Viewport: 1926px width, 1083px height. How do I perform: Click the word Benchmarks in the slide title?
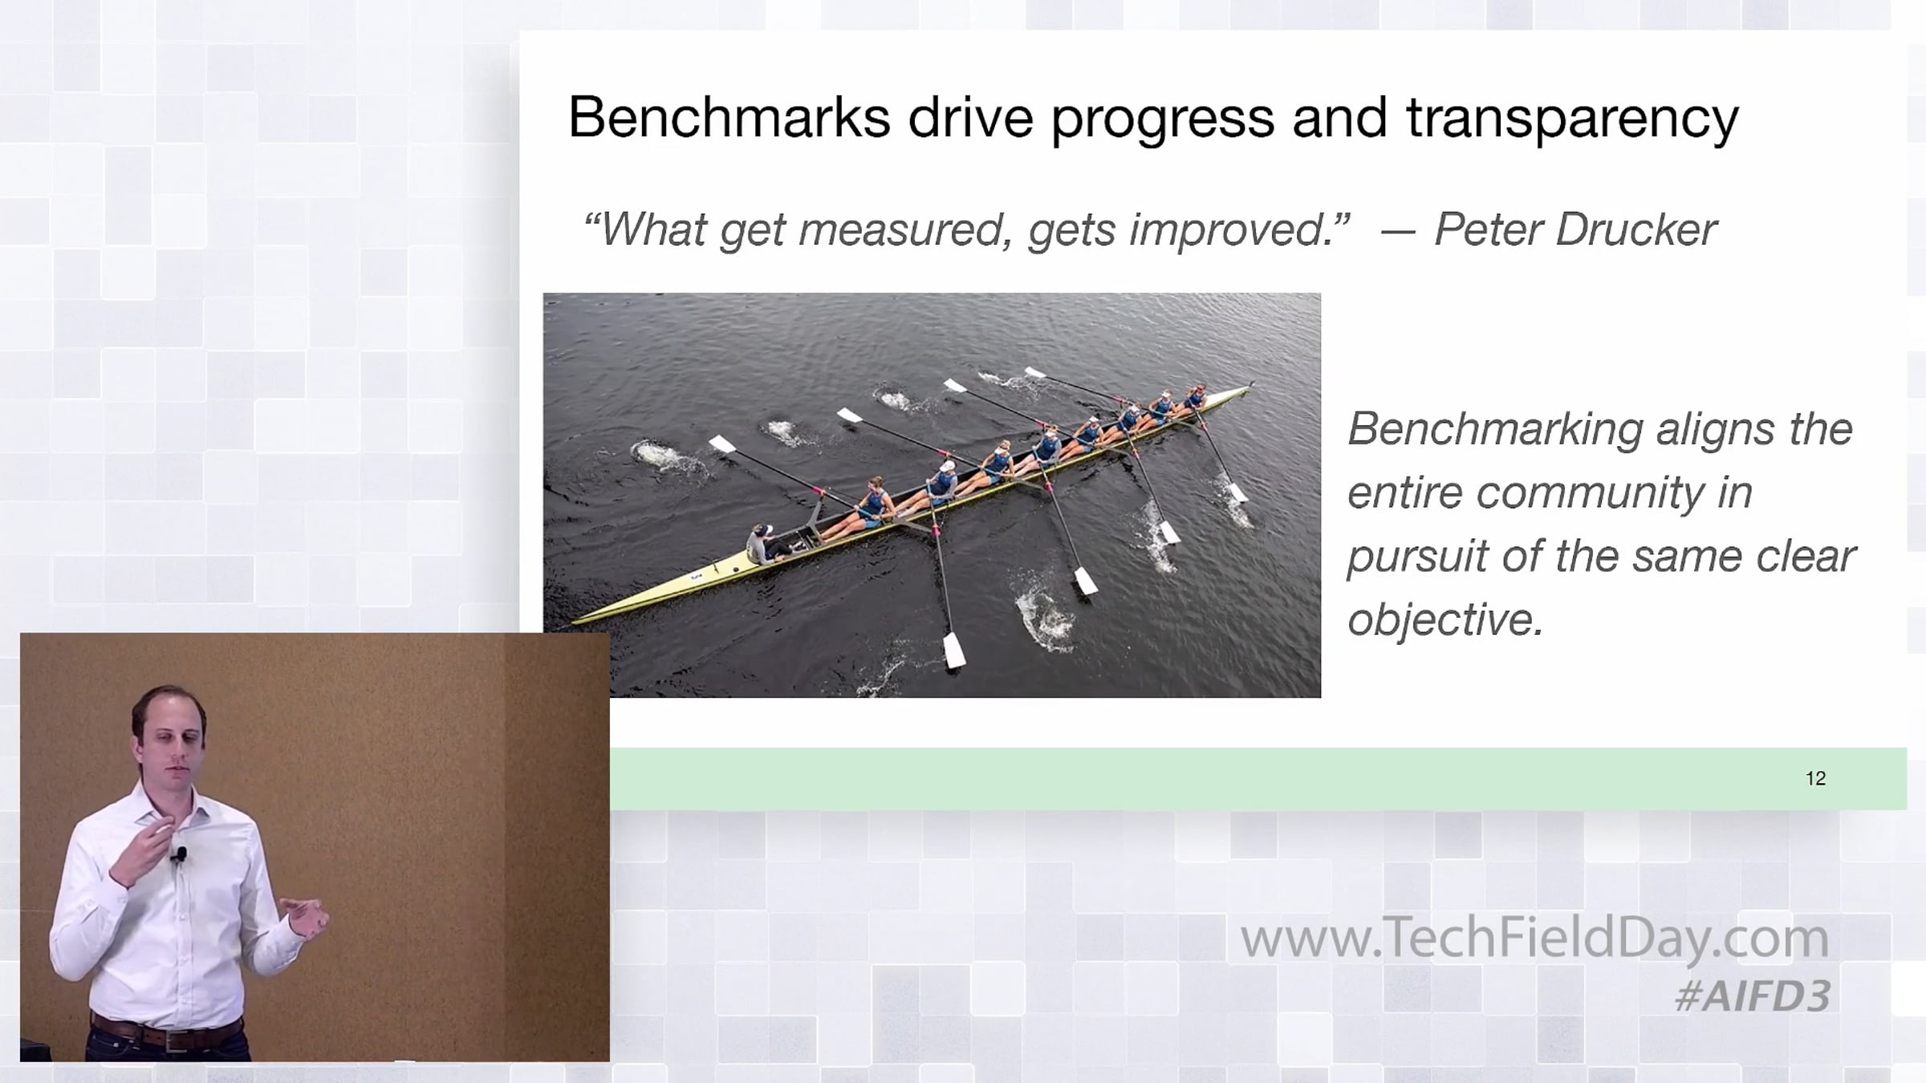729,117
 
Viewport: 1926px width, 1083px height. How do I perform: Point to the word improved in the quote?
1240,231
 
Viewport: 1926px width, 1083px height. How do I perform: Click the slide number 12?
1815,778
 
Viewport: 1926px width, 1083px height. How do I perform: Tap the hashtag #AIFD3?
1753,996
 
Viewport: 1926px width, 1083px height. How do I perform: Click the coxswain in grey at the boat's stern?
763,545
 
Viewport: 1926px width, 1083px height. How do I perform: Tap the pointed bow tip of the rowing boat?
1252,385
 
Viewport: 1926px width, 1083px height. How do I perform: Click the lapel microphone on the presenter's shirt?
180,855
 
